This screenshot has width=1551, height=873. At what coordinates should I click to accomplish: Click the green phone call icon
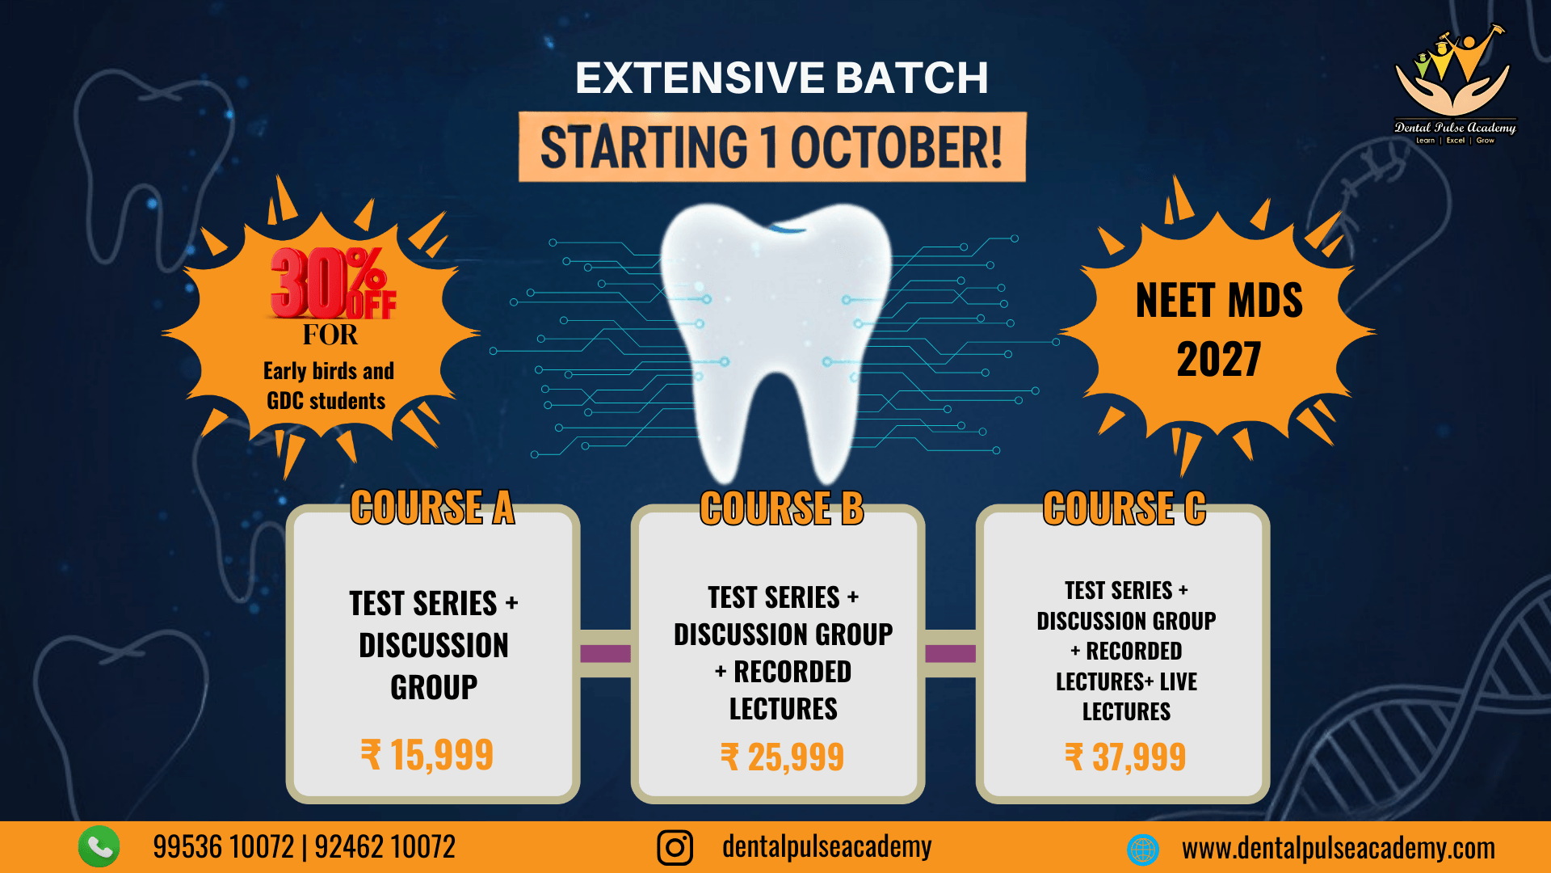click(99, 846)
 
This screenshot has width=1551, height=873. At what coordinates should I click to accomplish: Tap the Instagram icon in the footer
click(675, 847)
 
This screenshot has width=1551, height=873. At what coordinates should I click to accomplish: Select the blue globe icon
click(1143, 850)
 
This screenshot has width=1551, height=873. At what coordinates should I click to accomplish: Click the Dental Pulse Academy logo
click(1455, 84)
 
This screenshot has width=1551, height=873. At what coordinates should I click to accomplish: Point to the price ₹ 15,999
click(427, 755)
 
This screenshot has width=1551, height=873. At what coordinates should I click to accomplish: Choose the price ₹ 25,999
click(782, 757)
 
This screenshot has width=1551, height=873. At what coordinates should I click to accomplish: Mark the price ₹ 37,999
click(1125, 757)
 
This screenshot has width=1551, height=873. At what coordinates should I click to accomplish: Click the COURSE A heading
click(432, 508)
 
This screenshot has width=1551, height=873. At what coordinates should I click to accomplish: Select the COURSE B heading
click(782, 508)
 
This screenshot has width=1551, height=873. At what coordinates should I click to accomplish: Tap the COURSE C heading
click(1124, 508)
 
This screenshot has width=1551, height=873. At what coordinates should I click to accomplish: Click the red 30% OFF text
click(333, 283)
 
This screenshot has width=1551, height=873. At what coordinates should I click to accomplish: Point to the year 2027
click(1219, 360)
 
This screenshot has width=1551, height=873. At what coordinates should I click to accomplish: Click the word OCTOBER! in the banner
click(897, 147)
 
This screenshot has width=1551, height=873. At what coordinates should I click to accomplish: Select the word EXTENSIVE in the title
click(700, 78)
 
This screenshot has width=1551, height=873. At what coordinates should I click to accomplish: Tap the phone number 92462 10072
click(385, 847)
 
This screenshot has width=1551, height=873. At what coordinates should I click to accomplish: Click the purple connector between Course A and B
click(605, 653)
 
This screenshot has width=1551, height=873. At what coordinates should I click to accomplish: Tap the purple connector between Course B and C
click(950, 653)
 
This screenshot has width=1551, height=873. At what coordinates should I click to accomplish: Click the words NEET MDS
click(1219, 301)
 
